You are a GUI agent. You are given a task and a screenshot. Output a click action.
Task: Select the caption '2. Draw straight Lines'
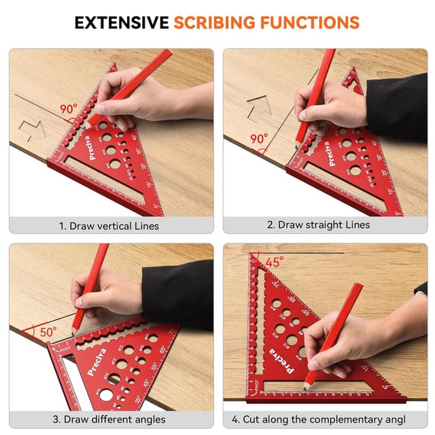325,225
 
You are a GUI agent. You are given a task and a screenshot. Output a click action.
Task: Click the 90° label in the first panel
68,109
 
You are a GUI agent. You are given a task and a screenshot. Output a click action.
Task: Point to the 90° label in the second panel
259,139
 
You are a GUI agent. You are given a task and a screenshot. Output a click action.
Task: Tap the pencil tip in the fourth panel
307,386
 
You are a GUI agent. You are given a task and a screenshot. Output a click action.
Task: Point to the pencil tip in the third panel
74,328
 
